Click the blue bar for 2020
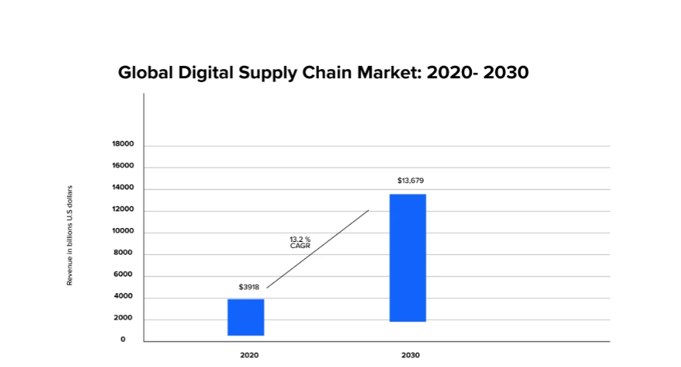[246, 317]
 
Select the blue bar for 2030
[407, 257]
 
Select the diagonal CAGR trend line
[317, 249]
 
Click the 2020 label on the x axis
[249, 355]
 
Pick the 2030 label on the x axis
[410, 355]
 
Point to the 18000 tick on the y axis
[123, 144]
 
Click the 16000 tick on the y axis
[123, 166]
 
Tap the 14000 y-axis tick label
[123, 187]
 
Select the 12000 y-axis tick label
[123, 210]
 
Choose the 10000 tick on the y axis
[123, 231]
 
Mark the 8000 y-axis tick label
[125, 253]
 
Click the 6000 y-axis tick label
[125, 274]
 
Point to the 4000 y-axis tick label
[125, 296]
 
